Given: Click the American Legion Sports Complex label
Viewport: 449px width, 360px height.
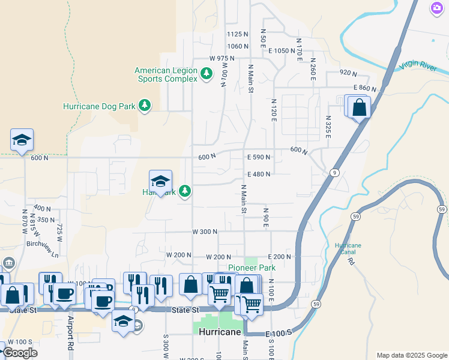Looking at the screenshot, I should click(x=166, y=74).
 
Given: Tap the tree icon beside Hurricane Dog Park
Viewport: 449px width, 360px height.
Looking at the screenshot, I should click(x=144, y=106).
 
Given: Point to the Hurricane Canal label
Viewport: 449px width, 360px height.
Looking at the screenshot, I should click(x=348, y=249).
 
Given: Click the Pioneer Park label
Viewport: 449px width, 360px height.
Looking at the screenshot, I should click(x=252, y=268).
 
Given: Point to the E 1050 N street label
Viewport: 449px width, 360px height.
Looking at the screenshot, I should click(x=286, y=51).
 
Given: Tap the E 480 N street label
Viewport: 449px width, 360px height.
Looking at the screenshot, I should click(x=259, y=175).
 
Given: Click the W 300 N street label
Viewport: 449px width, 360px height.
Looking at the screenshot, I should click(x=204, y=232).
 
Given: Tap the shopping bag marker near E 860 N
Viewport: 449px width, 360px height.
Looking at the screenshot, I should click(x=359, y=108).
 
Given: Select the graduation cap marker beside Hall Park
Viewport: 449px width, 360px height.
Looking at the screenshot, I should click(x=160, y=181).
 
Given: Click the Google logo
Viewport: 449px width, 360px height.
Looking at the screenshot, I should click(x=20, y=353).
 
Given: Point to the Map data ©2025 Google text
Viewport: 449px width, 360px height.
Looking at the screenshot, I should click(x=412, y=355).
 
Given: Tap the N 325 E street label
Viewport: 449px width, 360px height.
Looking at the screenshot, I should click(x=328, y=128).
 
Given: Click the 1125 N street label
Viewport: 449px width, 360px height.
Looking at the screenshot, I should click(x=238, y=34).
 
